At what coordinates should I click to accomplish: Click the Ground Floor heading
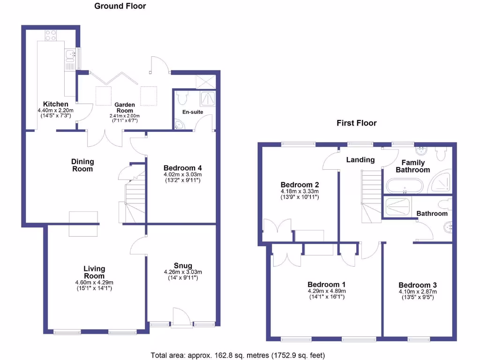click(120, 6)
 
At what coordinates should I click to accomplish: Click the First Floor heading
click(356, 123)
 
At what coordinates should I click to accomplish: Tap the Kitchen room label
click(55, 104)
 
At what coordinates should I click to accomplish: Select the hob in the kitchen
click(51, 35)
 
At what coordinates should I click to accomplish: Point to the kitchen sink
click(70, 56)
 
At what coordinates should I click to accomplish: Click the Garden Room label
click(125, 107)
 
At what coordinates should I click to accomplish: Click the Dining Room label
click(82, 165)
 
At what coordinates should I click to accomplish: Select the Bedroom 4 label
click(182, 168)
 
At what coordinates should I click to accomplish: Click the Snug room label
click(182, 266)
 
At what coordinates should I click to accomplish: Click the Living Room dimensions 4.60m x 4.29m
click(94, 282)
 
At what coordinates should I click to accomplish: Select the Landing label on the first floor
click(360, 160)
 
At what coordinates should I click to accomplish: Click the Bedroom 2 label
click(300, 185)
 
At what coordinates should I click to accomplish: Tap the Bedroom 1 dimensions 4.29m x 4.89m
click(326, 291)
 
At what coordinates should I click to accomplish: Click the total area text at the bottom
click(238, 355)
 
